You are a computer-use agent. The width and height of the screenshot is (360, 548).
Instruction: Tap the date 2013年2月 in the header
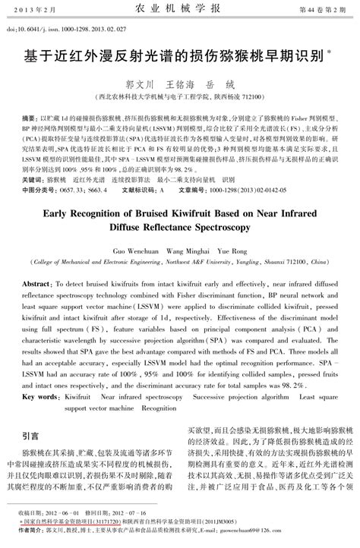pos(36,9)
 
